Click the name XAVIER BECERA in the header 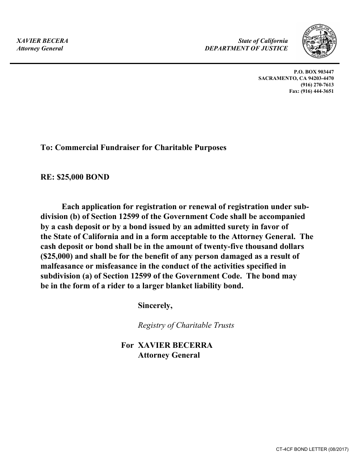click(42, 41)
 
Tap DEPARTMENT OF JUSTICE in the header click(246, 48)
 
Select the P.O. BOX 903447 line click(314, 72)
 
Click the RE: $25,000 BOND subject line click(75, 177)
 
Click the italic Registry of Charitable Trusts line click(186, 325)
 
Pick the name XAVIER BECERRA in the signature click(175, 345)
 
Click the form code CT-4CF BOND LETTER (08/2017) click(312, 449)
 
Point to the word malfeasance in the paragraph click(62, 266)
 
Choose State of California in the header click(263, 41)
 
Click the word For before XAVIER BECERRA click(127, 345)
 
